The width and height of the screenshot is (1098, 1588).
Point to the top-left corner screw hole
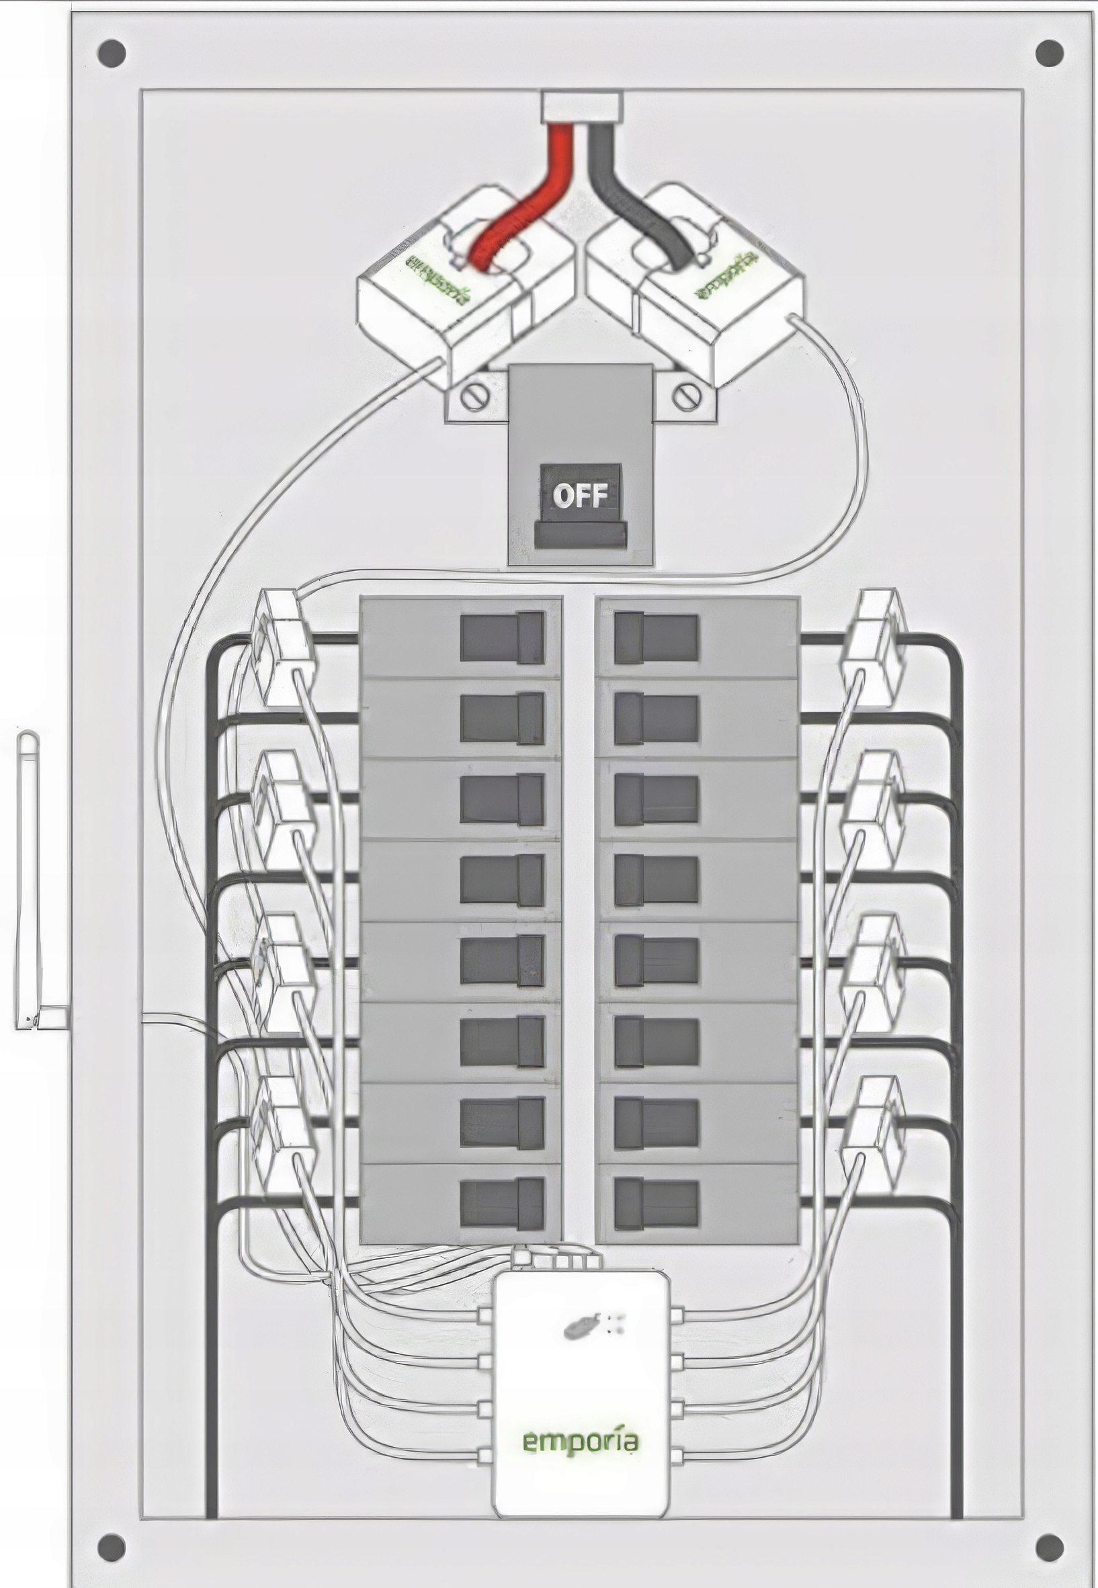click(112, 52)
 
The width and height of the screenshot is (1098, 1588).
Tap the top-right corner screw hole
click(1048, 52)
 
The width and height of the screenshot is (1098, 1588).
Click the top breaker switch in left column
click(501, 637)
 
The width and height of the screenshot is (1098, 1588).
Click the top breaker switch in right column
click(656, 637)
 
